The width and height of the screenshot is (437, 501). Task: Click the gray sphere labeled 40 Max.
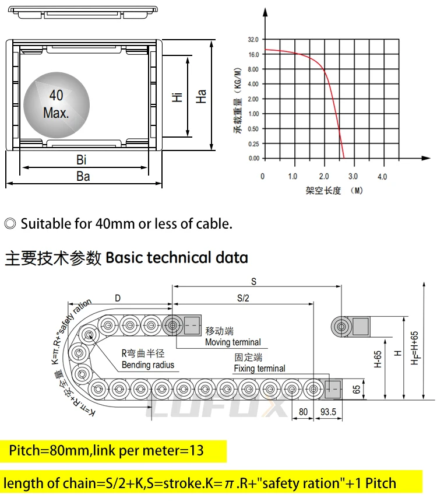tap(57, 104)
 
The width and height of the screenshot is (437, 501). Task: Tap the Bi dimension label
tap(82, 160)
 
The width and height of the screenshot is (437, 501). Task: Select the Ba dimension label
tap(83, 176)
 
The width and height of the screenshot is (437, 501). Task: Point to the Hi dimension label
tap(178, 96)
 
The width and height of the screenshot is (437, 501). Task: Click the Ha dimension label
tap(202, 96)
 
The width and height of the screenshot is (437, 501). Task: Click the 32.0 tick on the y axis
tap(253, 40)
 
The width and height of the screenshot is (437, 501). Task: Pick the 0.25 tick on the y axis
tap(253, 143)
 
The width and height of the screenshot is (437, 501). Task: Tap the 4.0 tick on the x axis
tap(382, 176)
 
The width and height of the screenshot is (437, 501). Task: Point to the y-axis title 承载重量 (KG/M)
tap(238, 100)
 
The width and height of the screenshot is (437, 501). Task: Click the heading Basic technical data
tap(177, 257)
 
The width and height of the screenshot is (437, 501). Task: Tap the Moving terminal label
tap(232, 342)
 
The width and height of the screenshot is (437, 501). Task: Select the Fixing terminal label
tap(259, 369)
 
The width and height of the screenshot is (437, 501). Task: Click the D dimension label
tap(118, 298)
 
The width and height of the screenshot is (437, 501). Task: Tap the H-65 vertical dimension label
tap(378, 360)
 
